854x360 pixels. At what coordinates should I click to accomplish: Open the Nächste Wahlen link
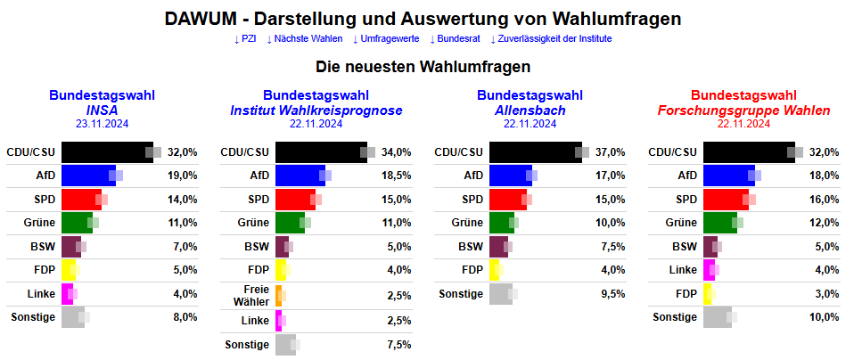pyautogui.click(x=305, y=39)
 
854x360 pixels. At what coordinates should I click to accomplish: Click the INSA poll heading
pyautogui.click(x=103, y=110)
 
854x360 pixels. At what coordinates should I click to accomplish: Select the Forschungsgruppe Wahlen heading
pyautogui.click(x=743, y=110)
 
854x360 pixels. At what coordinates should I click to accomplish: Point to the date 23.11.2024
pyautogui.click(x=103, y=124)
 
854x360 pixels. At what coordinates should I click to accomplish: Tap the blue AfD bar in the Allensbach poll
pyautogui.click(x=510, y=176)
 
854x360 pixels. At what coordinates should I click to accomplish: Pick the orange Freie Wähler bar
pyautogui.click(x=278, y=295)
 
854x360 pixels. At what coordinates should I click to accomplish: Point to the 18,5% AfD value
pyautogui.click(x=397, y=176)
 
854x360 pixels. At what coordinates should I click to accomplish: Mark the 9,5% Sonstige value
pyautogui.click(x=611, y=294)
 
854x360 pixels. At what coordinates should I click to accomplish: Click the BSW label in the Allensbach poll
pyautogui.click(x=471, y=247)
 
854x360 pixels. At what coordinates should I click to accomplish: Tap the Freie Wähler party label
pyautogui.click(x=256, y=295)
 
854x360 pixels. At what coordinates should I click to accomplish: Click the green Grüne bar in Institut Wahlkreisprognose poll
pyautogui.click(x=289, y=223)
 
